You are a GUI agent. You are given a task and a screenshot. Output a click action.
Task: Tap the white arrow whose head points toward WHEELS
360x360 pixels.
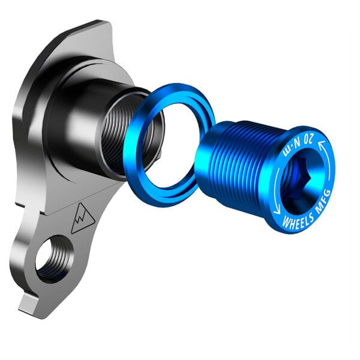(x=276, y=207)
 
